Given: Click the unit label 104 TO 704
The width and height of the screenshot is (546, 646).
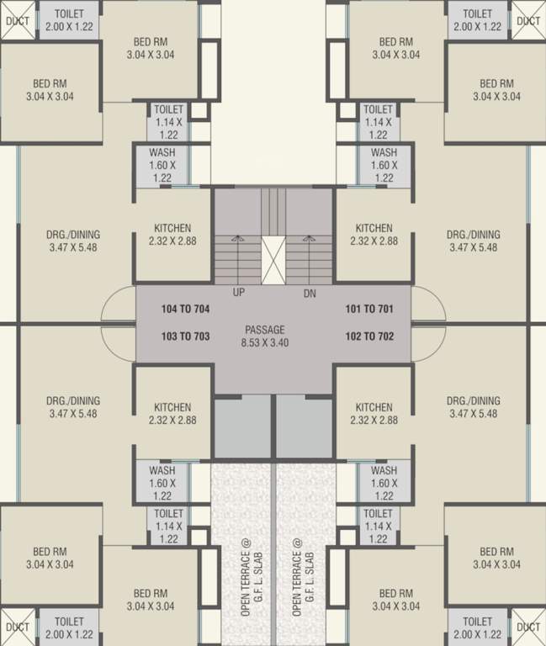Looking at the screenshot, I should click(185, 310).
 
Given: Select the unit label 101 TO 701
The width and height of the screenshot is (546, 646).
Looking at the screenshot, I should click(369, 310).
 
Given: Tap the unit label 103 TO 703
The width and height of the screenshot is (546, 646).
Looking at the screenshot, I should click(185, 336).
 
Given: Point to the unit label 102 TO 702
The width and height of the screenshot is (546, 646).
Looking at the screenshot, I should click(369, 336).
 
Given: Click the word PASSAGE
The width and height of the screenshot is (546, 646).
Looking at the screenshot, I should click(265, 330).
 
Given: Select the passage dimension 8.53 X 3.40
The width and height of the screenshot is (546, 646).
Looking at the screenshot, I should click(265, 343).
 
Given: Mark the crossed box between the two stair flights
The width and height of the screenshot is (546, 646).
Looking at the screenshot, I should click(274, 257).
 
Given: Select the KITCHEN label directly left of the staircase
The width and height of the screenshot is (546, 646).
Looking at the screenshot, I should click(172, 228).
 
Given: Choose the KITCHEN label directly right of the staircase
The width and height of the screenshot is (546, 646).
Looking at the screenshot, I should click(374, 228).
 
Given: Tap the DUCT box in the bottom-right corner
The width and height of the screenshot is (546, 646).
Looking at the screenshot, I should click(528, 627).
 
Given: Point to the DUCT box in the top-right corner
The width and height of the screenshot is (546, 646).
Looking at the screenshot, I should click(528, 21).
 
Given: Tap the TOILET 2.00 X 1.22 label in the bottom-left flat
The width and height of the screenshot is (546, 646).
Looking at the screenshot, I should click(69, 627).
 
